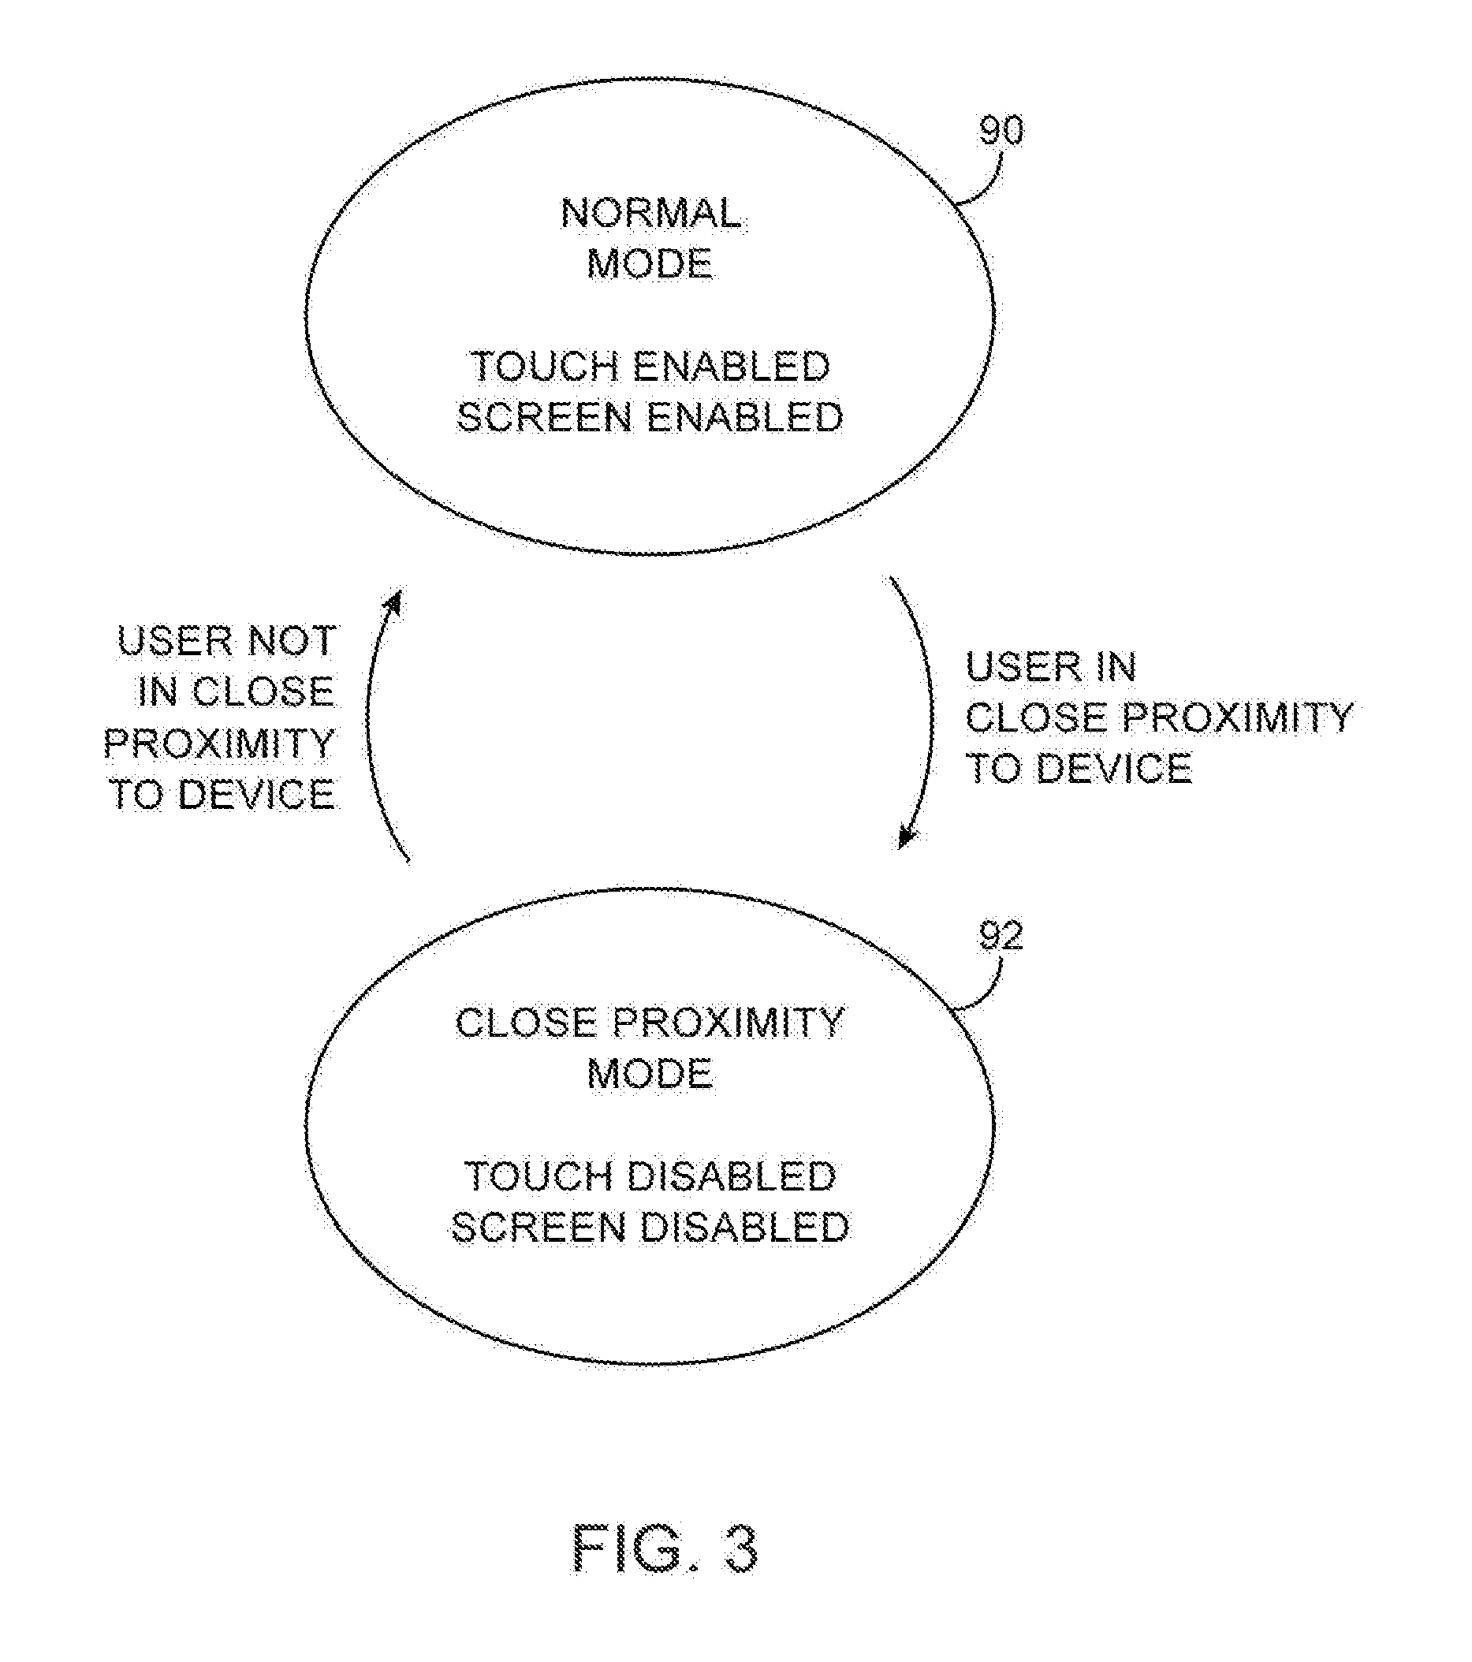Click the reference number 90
(1001, 131)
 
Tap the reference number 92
(1001, 937)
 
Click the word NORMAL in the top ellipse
(650, 214)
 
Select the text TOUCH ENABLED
(650, 367)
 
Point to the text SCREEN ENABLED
(650, 417)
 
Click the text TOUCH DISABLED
(650, 1176)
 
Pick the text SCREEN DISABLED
(650, 1227)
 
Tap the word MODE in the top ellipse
(650, 264)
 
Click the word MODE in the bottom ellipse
(650, 1074)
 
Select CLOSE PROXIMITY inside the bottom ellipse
(650, 1023)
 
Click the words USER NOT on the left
(227, 641)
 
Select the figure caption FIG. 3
(666, 1549)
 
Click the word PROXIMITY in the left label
(220, 743)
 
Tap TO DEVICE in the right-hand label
(1079, 769)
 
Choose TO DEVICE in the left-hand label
(222, 794)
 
